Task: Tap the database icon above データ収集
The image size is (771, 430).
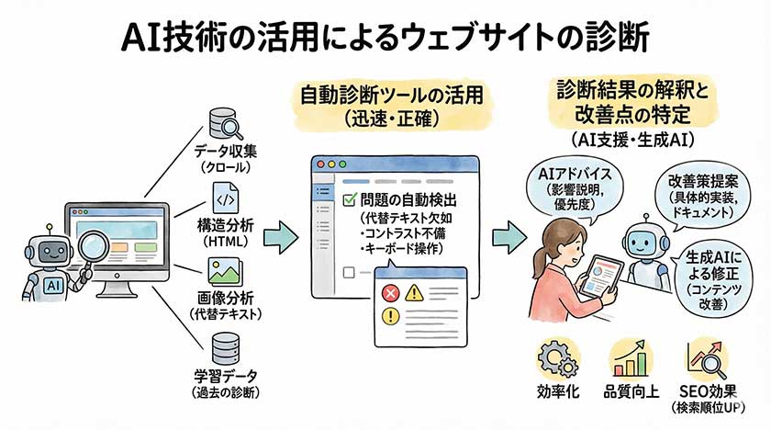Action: pos(224,122)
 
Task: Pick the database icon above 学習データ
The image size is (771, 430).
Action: pos(224,348)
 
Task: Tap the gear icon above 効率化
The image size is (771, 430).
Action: pos(555,358)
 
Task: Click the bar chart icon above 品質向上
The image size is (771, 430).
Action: pos(629,358)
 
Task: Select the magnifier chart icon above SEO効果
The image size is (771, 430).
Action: pos(706,358)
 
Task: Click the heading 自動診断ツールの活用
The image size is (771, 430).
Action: pos(386,96)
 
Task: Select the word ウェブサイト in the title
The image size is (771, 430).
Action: pos(472,37)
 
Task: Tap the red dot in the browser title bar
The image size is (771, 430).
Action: pos(319,165)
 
